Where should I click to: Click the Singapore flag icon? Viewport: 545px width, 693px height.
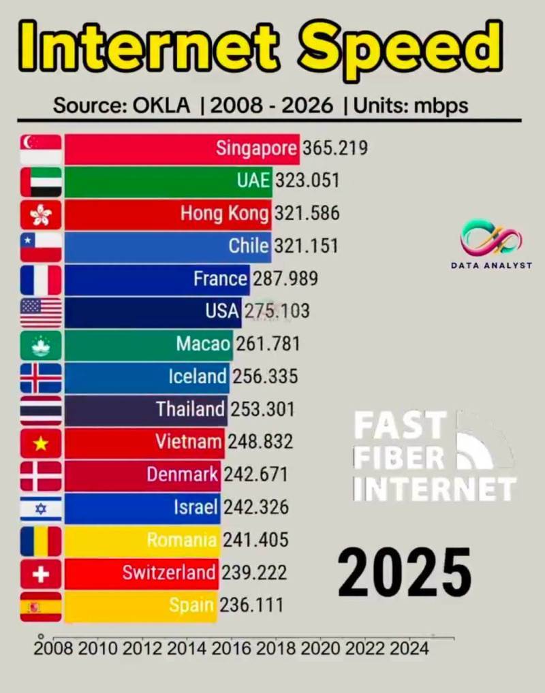41,150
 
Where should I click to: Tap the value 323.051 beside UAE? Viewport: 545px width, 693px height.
307,181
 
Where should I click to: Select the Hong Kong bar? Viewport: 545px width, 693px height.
168,214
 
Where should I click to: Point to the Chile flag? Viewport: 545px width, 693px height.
41,248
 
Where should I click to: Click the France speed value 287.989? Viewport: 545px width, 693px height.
285,279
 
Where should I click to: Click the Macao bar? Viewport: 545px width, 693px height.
149,345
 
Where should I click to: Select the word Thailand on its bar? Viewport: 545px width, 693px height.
190,409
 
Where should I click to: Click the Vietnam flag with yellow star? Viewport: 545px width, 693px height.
41,443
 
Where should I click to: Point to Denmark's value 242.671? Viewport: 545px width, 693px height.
256,474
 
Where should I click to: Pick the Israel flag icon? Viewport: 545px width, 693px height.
41,509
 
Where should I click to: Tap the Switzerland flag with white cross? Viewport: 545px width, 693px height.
41,574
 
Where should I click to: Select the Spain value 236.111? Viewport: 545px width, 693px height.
251,605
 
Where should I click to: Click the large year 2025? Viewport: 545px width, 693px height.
405,573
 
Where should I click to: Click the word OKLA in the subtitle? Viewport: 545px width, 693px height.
161,106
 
